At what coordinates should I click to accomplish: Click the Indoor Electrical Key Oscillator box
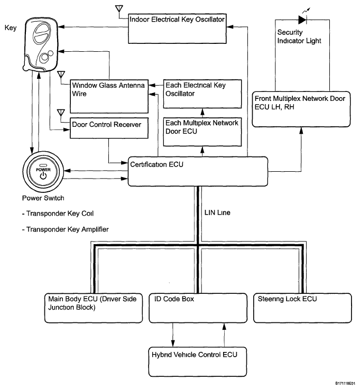pos(177,29)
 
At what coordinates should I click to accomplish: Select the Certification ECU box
pos(198,171)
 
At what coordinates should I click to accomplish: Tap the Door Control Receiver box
pos(109,128)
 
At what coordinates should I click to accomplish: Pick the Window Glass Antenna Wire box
pos(109,97)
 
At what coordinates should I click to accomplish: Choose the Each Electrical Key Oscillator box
pos(202,94)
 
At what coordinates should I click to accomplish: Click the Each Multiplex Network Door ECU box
pos(202,132)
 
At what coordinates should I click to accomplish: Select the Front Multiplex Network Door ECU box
pos(301,109)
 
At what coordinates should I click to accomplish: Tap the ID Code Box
pos(198,308)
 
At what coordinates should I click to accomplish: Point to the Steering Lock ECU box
pos(302,308)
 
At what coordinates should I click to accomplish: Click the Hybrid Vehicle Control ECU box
pos(198,362)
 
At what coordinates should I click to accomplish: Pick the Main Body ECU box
pos(94,308)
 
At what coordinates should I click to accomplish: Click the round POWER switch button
pos(43,172)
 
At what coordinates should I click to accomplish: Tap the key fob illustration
pos(41,46)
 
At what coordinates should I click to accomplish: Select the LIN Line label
pos(217,212)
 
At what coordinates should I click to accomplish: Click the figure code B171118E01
pos(345,383)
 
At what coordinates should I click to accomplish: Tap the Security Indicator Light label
pos(299,36)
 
